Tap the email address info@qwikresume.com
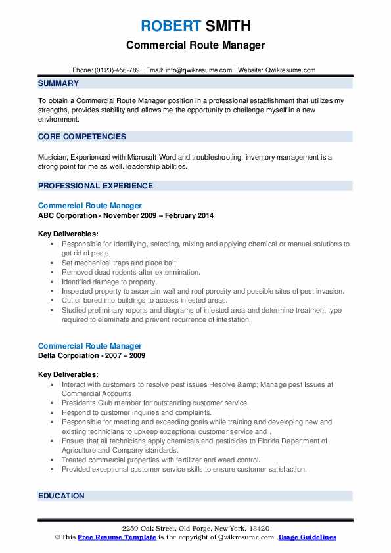click(x=200, y=70)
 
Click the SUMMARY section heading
click(x=58, y=83)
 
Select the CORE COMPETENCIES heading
click(x=82, y=137)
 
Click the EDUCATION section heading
click(x=61, y=496)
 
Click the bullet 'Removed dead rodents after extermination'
click(x=131, y=272)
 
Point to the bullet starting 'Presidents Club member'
click(x=155, y=403)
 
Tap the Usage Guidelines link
click(x=307, y=537)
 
